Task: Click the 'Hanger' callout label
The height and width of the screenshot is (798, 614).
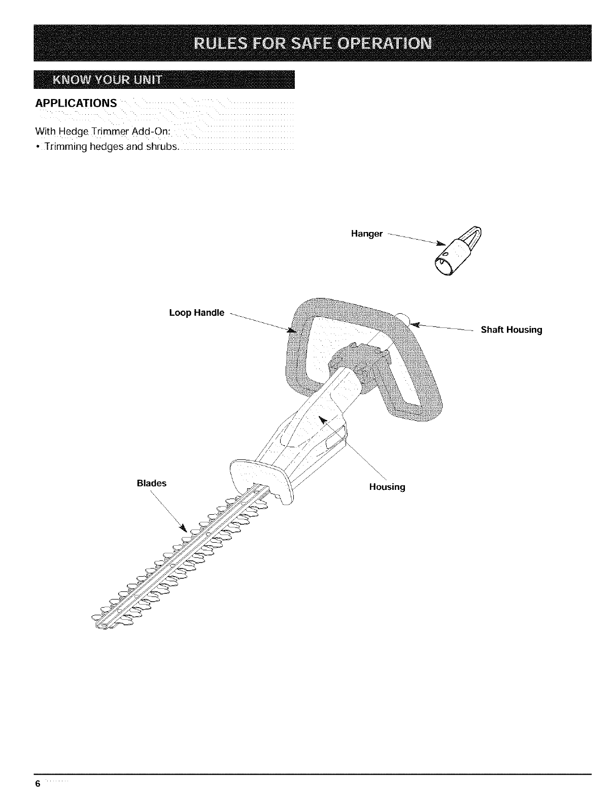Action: click(x=366, y=234)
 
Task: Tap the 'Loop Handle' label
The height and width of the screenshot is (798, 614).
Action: click(x=196, y=313)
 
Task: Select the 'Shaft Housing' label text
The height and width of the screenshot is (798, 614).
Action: click(x=511, y=330)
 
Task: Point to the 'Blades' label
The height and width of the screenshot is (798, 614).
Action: click(x=151, y=483)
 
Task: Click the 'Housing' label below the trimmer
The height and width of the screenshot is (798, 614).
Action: click(x=387, y=487)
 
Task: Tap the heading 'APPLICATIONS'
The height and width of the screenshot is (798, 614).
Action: click(x=76, y=104)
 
